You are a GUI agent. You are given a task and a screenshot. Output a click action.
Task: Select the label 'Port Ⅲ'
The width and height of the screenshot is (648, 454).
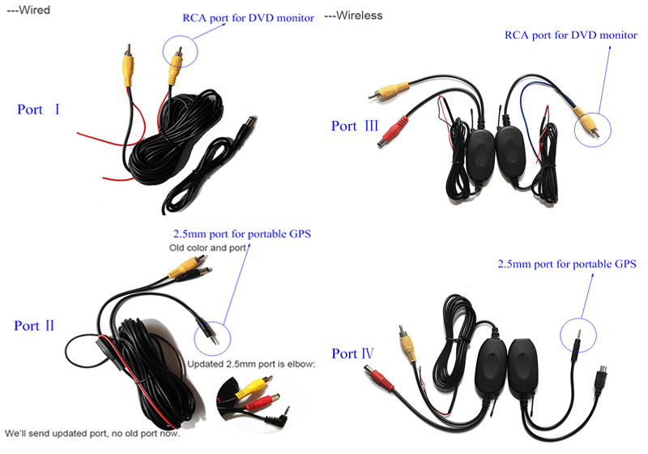point(355,126)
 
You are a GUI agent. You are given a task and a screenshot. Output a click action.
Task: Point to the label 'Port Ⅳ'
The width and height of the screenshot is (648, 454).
point(355,353)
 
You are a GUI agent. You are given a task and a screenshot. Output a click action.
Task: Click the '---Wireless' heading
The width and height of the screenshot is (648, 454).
point(354,15)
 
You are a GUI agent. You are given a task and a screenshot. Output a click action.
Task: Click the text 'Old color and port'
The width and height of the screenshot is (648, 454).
point(207,247)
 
